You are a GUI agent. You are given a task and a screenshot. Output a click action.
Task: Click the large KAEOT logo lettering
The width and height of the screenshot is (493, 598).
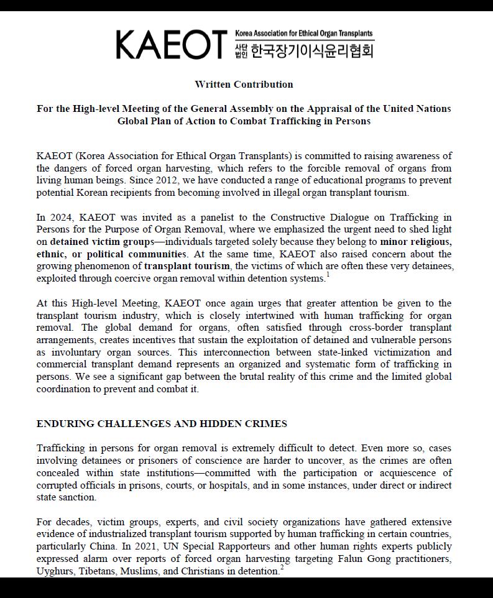click(171, 44)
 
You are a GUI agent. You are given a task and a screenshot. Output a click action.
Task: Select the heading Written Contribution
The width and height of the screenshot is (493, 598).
click(244, 84)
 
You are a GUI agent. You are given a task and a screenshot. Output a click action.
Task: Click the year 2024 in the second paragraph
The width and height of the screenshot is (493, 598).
click(65, 217)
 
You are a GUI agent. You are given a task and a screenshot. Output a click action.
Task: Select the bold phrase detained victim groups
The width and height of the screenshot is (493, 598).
click(102, 241)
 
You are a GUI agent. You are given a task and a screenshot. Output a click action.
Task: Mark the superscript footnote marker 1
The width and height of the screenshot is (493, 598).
click(328, 275)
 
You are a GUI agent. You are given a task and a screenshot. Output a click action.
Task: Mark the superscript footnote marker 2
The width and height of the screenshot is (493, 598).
click(282, 568)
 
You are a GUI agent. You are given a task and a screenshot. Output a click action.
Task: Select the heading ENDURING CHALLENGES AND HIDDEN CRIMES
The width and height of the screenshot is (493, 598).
click(162, 424)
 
